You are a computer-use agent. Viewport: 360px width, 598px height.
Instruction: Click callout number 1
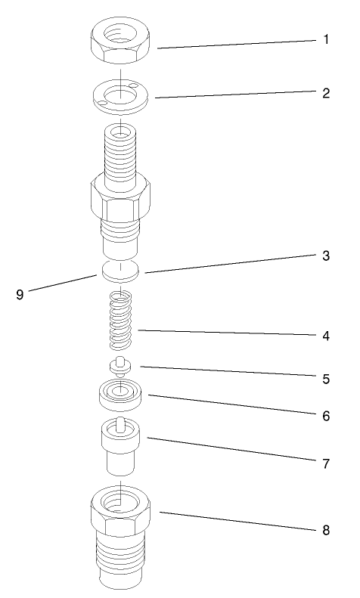[326, 39]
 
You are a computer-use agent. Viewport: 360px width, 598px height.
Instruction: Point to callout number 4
[326, 334]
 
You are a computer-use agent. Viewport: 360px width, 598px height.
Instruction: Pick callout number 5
[326, 378]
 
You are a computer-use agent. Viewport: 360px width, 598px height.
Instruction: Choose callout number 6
[326, 416]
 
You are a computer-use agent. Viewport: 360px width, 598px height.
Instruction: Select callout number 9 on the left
[20, 295]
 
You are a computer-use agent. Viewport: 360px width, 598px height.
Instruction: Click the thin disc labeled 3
[122, 270]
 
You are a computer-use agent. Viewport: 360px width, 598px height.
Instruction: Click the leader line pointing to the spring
[227, 332]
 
